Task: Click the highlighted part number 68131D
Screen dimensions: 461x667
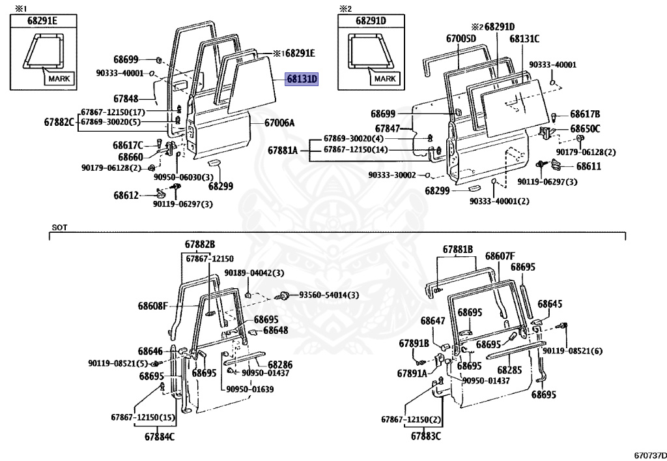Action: tap(301, 80)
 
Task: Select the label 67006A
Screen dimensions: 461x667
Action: tap(279, 123)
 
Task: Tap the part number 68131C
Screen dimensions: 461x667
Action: tap(524, 39)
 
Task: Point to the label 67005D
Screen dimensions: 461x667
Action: tap(461, 39)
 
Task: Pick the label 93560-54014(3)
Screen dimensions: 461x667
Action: tap(329, 295)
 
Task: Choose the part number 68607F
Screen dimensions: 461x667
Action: tap(500, 256)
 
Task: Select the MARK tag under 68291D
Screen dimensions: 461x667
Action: tap(385, 79)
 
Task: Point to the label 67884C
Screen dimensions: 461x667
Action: tap(160, 436)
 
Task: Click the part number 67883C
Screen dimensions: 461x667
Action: tap(426, 436)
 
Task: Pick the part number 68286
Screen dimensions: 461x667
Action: tap(279, 364)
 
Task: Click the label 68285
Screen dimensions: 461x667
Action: tap(509, 370)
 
